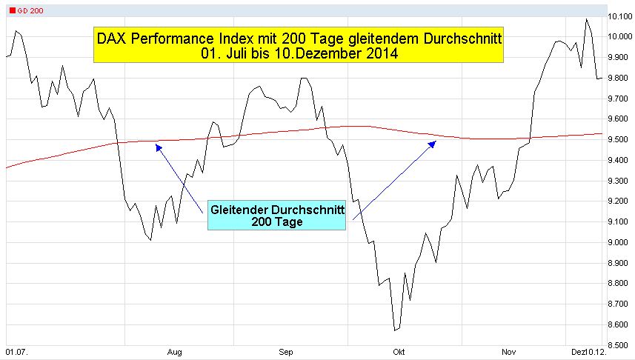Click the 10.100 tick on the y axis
coord(619,16)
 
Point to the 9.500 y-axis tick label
coord(619,139)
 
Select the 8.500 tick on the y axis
coord(619,344)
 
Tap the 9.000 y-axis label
coord(619,242)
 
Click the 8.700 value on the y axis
coord(619,304)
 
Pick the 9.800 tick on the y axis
coord(619,78)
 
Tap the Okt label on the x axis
coord(399,353)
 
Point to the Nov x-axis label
coord(508,353)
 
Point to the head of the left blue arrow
coord(156,145)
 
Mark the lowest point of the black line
coord(395,330)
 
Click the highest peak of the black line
coord(587,19)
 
